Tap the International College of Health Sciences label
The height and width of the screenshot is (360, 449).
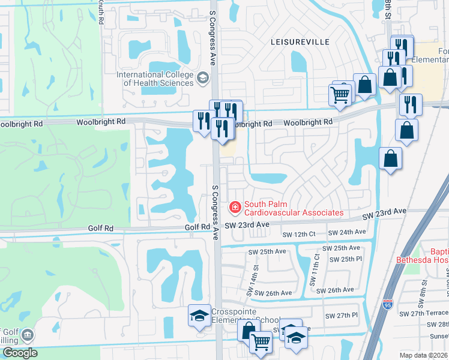(x=155, y=79)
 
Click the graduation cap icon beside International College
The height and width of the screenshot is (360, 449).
(x=203, y=77)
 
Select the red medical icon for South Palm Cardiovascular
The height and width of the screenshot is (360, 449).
(x=235, y=208)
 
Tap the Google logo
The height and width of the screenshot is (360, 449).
(x=19, y=353)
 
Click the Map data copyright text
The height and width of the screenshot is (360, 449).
(x=426, y=355)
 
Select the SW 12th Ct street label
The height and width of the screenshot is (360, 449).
(x=298, y=233)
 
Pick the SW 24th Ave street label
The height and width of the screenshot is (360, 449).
(x=348, y=232)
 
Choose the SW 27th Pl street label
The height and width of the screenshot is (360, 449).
(x=341, y=315)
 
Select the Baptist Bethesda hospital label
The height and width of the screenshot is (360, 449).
(x=422, y=256)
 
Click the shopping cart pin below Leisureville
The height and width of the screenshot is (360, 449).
(x=340, y=94)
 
